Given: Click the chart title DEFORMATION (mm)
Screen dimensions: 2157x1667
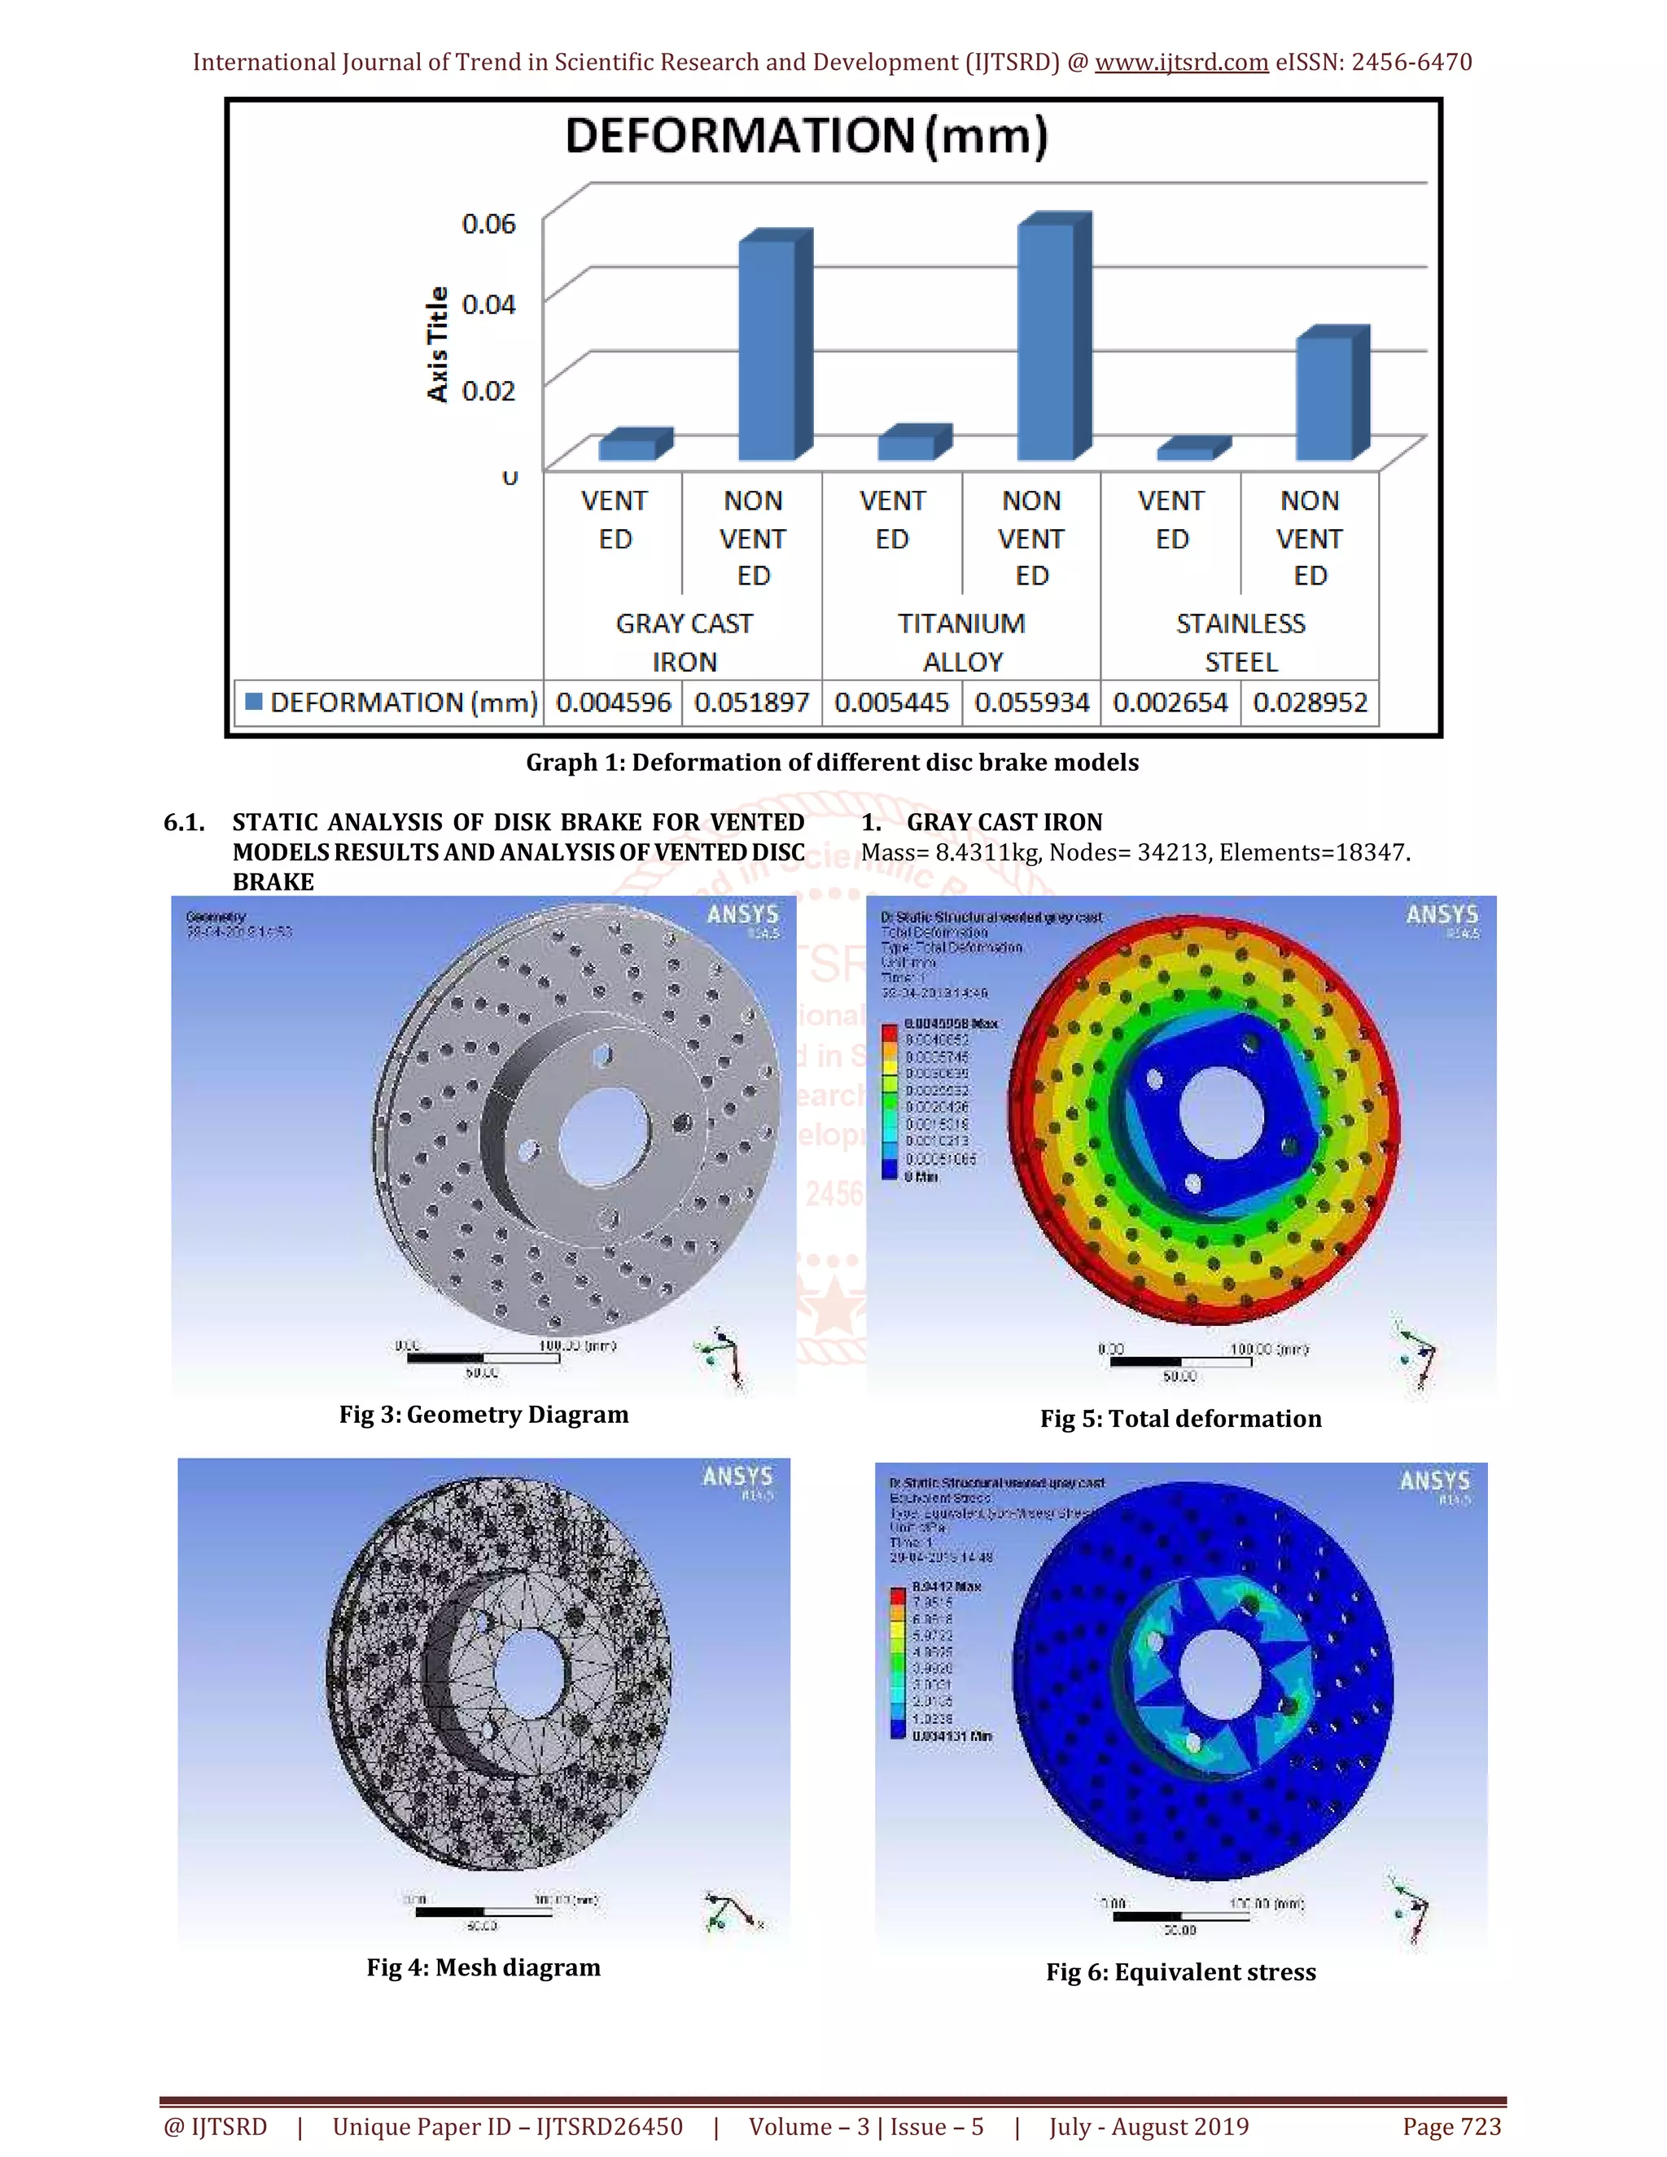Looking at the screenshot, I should [806, 136].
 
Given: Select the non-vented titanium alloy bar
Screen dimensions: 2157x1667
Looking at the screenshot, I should [1047, 341].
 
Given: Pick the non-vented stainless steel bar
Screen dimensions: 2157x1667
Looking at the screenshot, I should [1324, 397].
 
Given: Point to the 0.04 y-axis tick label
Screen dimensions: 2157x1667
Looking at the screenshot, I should [488, 304].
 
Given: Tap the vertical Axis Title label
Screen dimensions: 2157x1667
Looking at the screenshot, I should [436, 344].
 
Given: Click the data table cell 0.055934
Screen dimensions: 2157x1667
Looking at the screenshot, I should [1031, 703].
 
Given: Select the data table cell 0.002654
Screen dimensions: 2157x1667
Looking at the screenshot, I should [1170, 703].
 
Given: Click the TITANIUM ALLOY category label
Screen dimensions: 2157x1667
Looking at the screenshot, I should [961, 642].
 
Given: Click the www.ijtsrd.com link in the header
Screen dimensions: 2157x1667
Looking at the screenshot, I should [1181, 62].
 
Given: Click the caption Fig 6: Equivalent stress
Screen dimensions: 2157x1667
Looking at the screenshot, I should [1180, 1972].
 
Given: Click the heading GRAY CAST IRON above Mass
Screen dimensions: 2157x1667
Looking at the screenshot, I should [1004, 823].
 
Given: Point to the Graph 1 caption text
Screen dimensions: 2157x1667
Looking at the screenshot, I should [832, 763].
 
